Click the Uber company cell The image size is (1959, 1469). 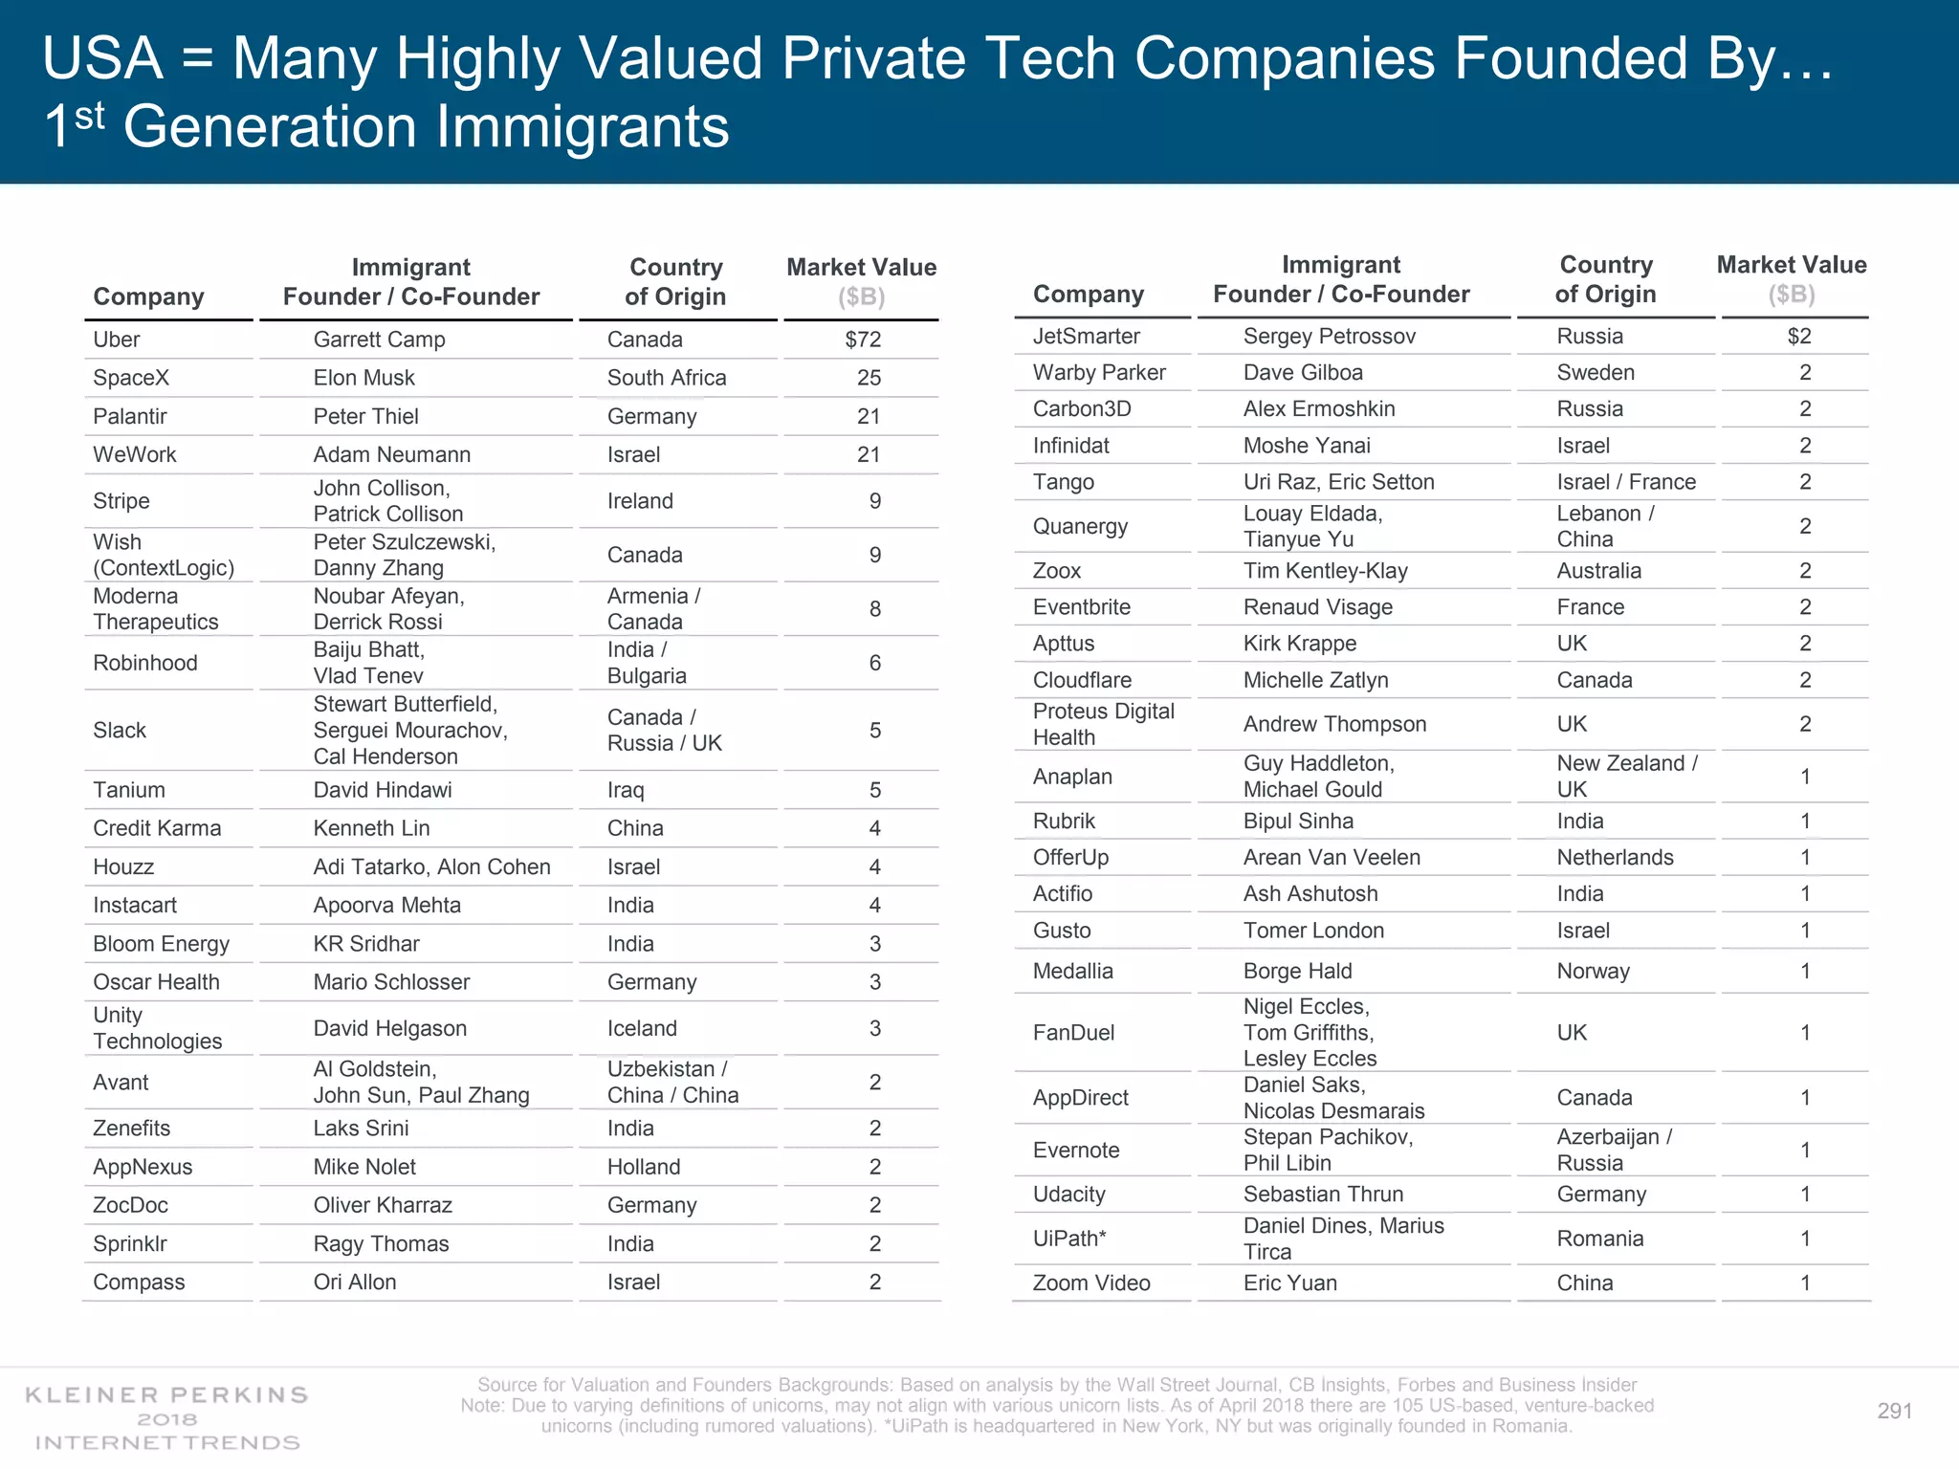pyautogui.click(x=116, y=340)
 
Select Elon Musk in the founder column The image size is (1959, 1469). pyautogui.click(x=363, y=378)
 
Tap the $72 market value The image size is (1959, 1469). pyautogui.click(x=863, y=340)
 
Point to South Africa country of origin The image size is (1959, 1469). pyautogui.click(x=666, y=378)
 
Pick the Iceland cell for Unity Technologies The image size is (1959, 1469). pyautogui.click(x=641, y=1028)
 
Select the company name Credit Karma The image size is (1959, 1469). pyautogui.click(x=156, y=828)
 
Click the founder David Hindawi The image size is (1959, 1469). pyautogui.click(x=382, y=790)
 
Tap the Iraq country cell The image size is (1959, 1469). pyautogui.click(x=625, y=790)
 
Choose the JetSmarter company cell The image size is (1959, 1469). pyautogui.click(x=1086, y=336)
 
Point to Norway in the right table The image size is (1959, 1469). pyautogui.click(x=1593, y=971)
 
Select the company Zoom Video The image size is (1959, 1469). pyautogui.click(x=1090, y=1283)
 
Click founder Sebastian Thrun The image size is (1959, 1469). pyautogui.click(x=1323, y=1194)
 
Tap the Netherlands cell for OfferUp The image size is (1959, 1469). pyautogui.click(x=1615, y=857)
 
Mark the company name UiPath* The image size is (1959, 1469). pyautogui.click(x=1068, y=1239)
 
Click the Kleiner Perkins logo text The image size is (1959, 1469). pyautogui.click(x=166, y=1395)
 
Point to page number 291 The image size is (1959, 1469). pyautogui.click(x=1894, y=1411)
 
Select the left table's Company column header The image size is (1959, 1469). pyautogui.click(x=148, y=296)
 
